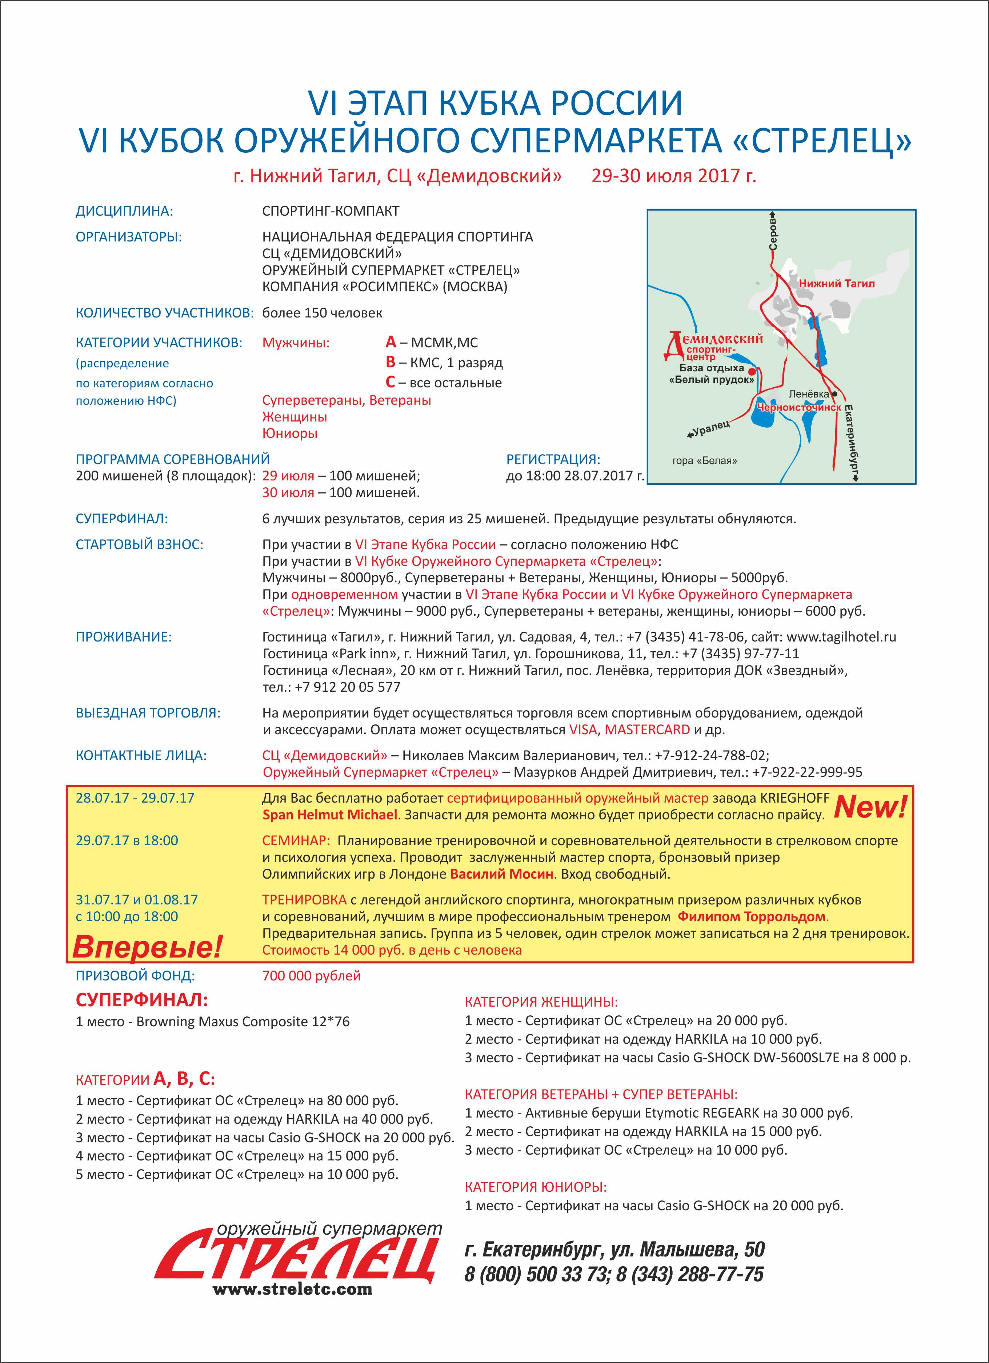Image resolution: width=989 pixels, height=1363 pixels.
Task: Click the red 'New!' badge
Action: pyautogui.click(x=870, y=807)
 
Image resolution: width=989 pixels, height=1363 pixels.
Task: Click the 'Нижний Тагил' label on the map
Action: pyautogui.click(x=836, y=284)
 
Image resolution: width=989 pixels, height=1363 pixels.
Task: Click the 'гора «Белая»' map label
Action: pyautogui.click(x=704, y=461)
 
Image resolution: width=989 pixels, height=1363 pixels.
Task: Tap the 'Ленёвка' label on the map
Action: pyautogui.click(x=808, y=394)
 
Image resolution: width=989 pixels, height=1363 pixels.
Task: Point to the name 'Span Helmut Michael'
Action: pyautogui.click(x=329, y=815)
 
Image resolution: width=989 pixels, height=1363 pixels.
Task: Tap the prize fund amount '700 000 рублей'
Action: pyautogui.click(x=311, y=976)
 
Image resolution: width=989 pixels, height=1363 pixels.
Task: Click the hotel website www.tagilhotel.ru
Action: pyautogui.click(x=841, y=637)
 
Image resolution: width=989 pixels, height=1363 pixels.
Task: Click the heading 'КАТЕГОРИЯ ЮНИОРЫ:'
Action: pyautogui.click(x=535, y=1187)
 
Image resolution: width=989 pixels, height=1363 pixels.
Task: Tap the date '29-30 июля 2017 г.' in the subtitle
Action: pyautogui.click(x=673, y=176)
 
